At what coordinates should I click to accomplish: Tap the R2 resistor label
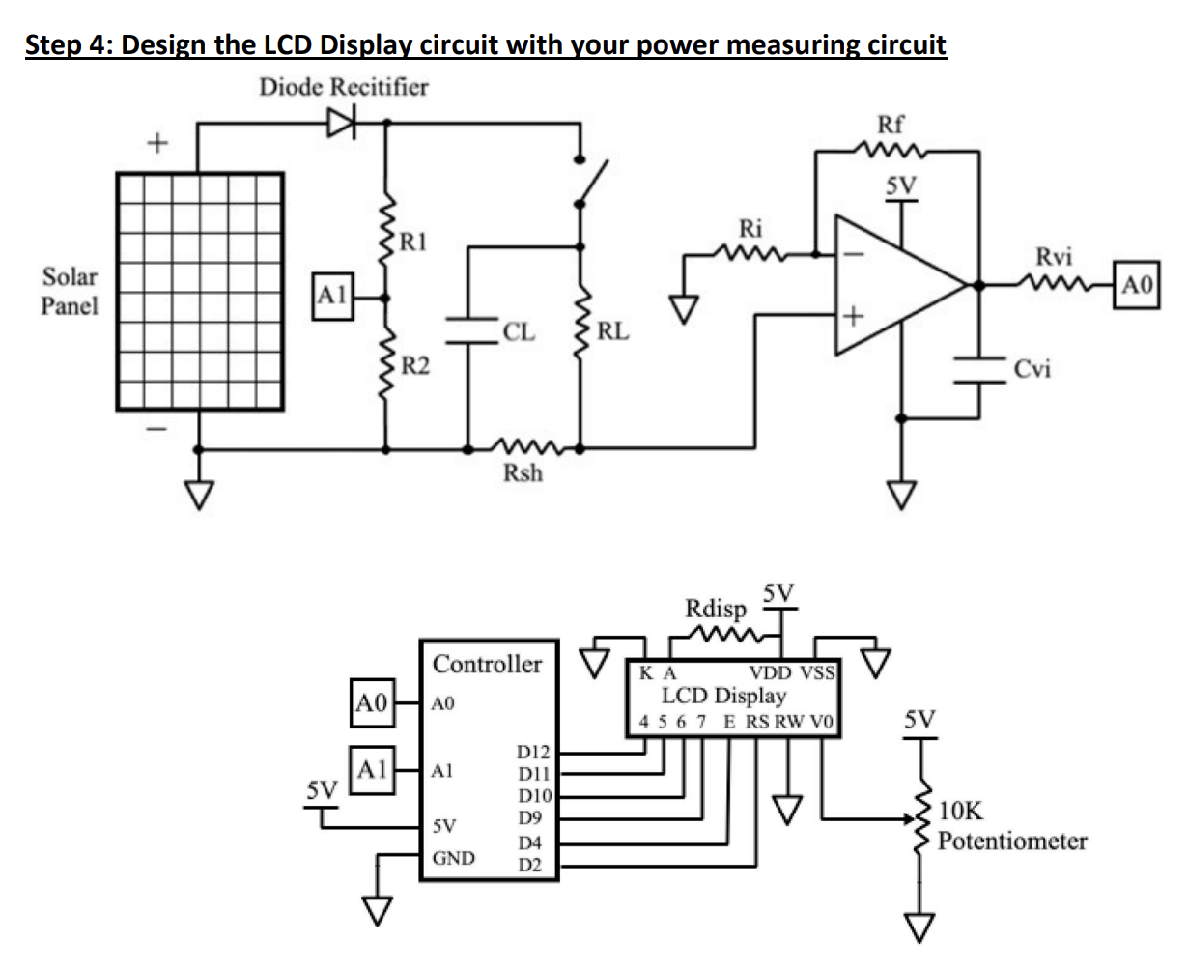click(x=416, y=365)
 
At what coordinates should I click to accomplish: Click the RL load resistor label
click(x=613, y=332)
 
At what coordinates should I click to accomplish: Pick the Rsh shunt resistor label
click(x=523, y=473)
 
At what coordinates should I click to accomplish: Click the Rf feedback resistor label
click(x=890, y=124)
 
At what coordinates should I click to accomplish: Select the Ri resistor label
click(x=750, y=229)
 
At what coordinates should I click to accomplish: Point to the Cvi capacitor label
click(x=1032, y=368)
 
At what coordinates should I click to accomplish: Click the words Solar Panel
click(x=71, y=292)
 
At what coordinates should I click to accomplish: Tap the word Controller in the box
click(x=487, y=664)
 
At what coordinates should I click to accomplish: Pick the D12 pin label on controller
click(x=534, y=751)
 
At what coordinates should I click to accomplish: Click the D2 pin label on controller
click(x=530, y=864)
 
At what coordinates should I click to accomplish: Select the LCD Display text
click(x=723, y=695)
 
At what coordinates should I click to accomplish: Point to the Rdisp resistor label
click(x=715, y=610)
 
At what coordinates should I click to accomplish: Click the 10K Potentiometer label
click(x=1011, y=826)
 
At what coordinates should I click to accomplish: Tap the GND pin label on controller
click(x=452, y=858)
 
